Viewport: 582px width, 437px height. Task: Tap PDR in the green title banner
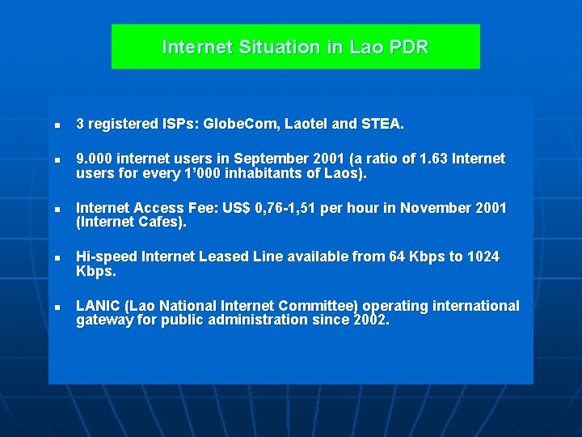click(408, 47)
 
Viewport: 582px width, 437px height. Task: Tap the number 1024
click(483, 257)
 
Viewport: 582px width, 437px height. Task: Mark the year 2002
click(371, 320)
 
